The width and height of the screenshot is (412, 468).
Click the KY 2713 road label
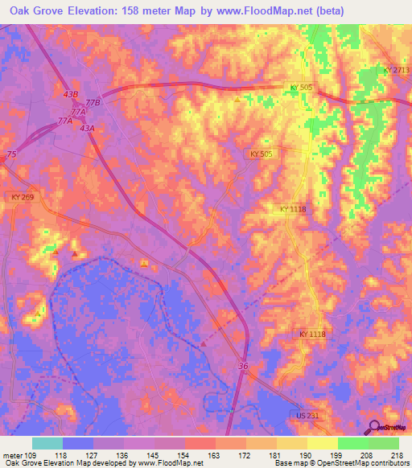click(x=396, y=71)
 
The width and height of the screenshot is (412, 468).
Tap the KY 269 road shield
click(x=25, y=195)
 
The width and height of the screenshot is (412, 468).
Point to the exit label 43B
click(x=70, y=95)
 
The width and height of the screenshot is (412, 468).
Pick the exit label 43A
click(x=87, y=128)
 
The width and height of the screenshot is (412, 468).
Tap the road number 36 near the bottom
click(x=242, y=367)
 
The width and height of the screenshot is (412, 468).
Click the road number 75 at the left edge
click(x=10, y=153)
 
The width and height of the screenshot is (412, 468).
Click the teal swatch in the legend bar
click(x=47, y=443)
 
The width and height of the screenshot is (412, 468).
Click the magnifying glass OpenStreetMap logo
click(x=373, y=427)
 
